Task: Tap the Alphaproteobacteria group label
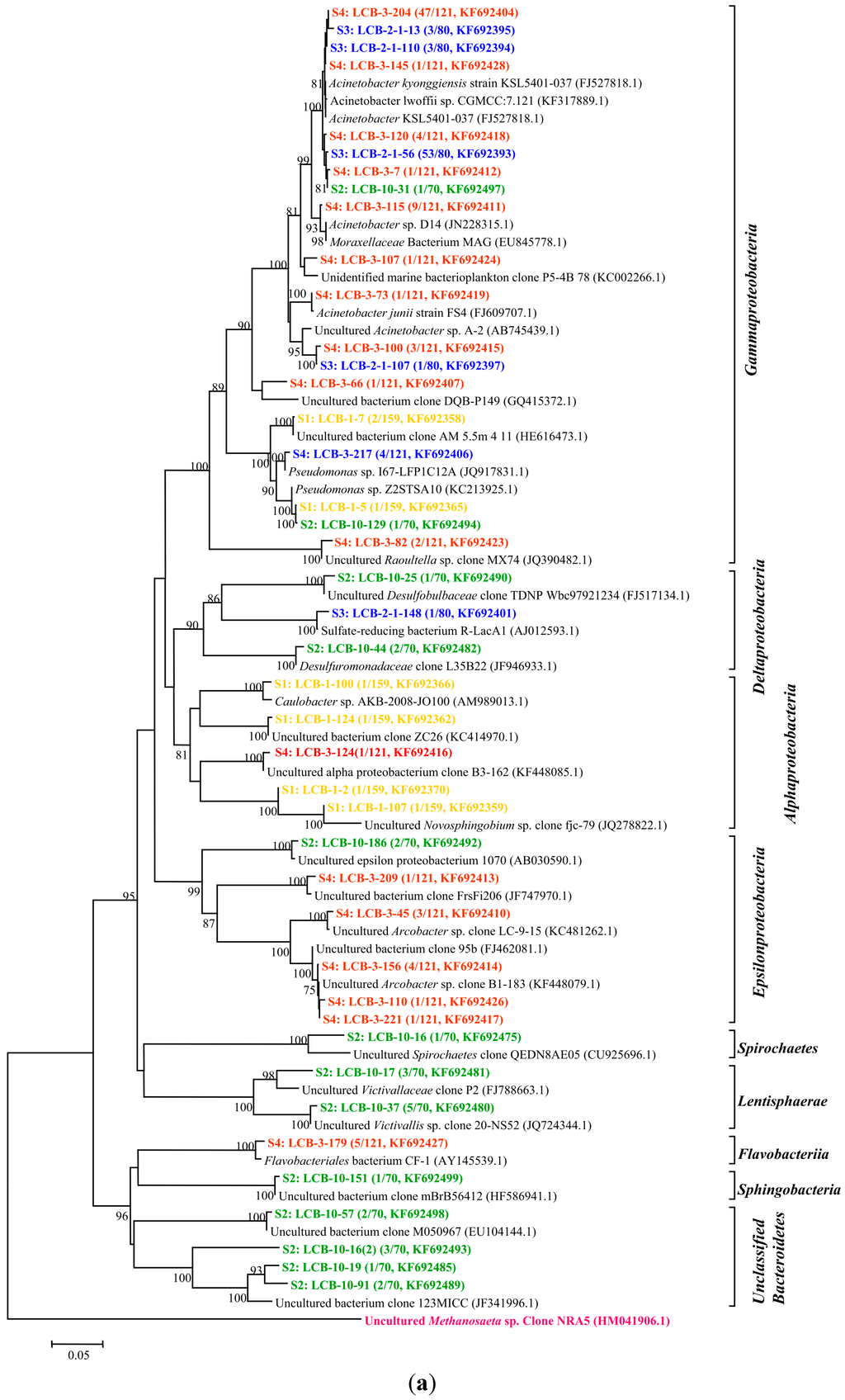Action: click(x=791, y=752)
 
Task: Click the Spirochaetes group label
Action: click(x=777, y=1048)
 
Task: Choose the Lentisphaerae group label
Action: click(x=781, y=1100)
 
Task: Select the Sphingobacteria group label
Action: click(x=789, y=1190)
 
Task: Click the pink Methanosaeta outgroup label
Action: click(x=517, y=1321)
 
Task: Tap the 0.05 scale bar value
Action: click(x=78, y=1355)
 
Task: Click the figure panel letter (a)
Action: click(x=422, y=1383)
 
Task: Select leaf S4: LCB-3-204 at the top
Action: click(x=424, y=13)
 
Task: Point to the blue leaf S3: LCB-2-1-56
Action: click(x=422, y=154)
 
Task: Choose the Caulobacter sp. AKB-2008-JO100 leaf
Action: click(x=401, y=702)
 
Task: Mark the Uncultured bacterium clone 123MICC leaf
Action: click(x=406, y=1303)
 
